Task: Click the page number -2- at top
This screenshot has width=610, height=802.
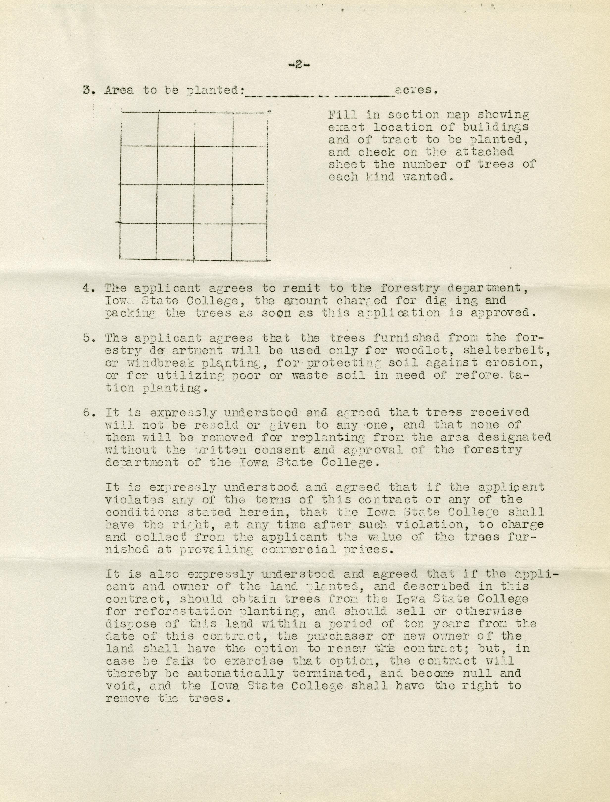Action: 299,65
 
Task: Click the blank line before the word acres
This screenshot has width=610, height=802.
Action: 320,95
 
